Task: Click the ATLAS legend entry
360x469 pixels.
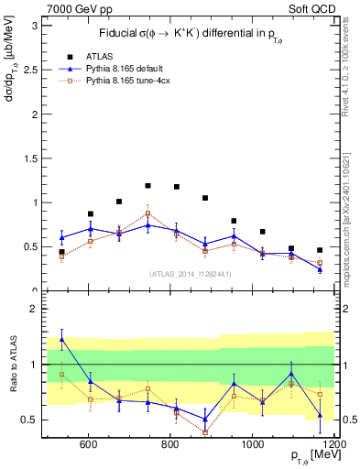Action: [97, 55]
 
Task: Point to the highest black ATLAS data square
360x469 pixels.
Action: [147, 185]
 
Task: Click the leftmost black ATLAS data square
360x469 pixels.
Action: [61, 252]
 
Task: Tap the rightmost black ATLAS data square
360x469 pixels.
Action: [320, 250]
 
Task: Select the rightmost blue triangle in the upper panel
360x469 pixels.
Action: [320, 268]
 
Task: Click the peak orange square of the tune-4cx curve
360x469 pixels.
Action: [147, 213]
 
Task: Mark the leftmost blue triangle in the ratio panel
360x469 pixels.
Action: [61, 339]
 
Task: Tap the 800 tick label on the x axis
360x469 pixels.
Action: [170, 445]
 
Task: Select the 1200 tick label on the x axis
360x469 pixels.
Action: [333, 445]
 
